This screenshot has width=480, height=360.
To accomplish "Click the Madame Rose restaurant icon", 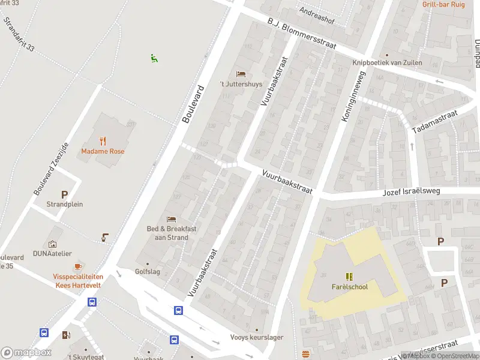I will click(103, 142).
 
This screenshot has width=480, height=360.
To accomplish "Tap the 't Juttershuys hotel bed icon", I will click(241, 74).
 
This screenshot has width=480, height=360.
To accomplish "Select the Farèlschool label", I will click(349, 287).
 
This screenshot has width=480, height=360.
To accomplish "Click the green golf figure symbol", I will click(154, 58).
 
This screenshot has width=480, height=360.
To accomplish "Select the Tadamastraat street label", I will click(434, 122).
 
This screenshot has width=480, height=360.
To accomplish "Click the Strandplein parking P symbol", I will click(64, 194).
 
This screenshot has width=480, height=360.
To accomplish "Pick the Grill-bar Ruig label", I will click(443, 4).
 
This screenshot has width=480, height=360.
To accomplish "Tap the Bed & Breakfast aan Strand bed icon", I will click(172, 219).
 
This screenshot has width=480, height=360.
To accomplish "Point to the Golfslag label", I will click(148, 272).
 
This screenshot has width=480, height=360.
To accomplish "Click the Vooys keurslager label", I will click(257, 337).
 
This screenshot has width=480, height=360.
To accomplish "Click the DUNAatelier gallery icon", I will click(52, 244).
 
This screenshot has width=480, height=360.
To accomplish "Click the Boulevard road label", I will click(193, 104).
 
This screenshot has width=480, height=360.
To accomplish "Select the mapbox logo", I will click(26, 353).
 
